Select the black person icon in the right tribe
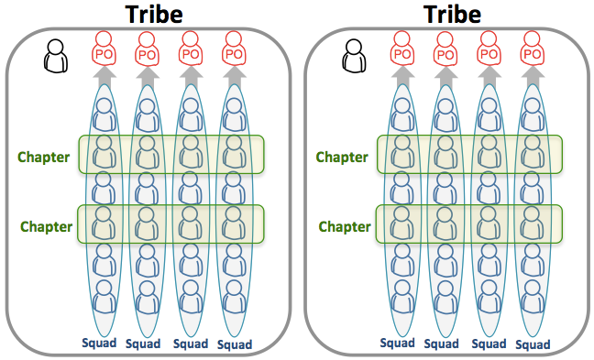click(x=355, y=59)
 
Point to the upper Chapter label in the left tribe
click(x=44, y=157)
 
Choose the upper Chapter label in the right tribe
click(x=342, y=157)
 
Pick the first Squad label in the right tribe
click(x=399, y=344)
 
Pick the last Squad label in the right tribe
click(x=533, y=344)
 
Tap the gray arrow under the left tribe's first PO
click(x=103, y=79)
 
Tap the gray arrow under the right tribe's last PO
click(x=532, y=79)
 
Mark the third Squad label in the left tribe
click(x=191, y=344)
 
